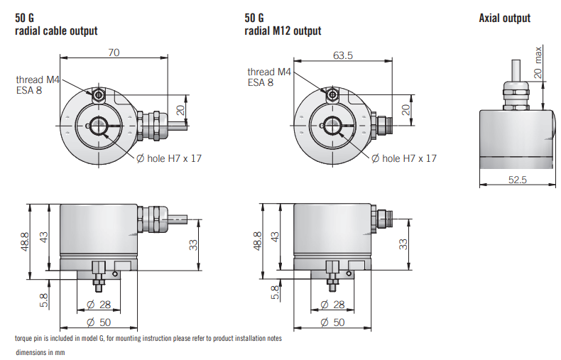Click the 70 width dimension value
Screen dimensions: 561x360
pyautogui.click(x=114, y=53)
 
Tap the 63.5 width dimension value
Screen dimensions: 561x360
pyautogui.click(x=343, y=55)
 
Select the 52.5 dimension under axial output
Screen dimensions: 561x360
pyautogui.click(x=518, y=179)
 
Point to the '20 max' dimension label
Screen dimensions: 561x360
pyautogui.click(x=538, y=62)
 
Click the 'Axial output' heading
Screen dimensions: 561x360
pyautogui.click(x=504, y=18)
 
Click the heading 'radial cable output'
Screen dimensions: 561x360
pyautogui.click(x=56, y=31)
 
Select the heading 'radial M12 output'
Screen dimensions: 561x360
pyautogui.click(x=283, y=31)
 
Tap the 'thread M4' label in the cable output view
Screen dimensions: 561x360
pyautogui.click(x=38, y=80)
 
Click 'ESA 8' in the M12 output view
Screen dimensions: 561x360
pyautogui.click(x=261, y=82)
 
